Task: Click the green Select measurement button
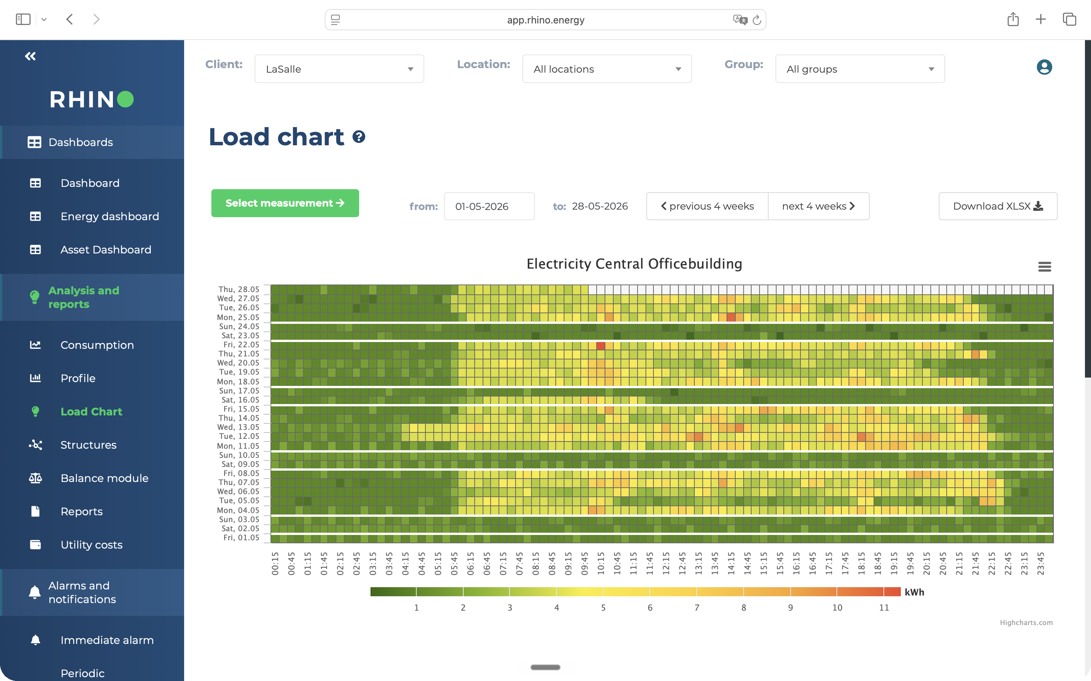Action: [285, 203]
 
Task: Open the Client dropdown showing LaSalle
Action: [339, 69]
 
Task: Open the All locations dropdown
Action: [607, 69]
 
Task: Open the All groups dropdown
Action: [860, 69]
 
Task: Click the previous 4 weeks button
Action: [707, 206]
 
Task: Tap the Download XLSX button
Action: [998, 206]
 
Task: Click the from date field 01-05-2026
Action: [489, 206]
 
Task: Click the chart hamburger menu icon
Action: [1044, 267]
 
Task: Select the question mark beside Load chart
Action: [359, 137]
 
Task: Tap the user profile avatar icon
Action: [1044, 67]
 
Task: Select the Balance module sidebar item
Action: [104, 478]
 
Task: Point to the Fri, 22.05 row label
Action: [242, 345]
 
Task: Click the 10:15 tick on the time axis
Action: [600, 563]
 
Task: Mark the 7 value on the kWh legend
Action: [697, 608]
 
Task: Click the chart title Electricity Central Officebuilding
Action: [634, 264]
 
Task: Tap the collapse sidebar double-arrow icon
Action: [30, 56]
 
